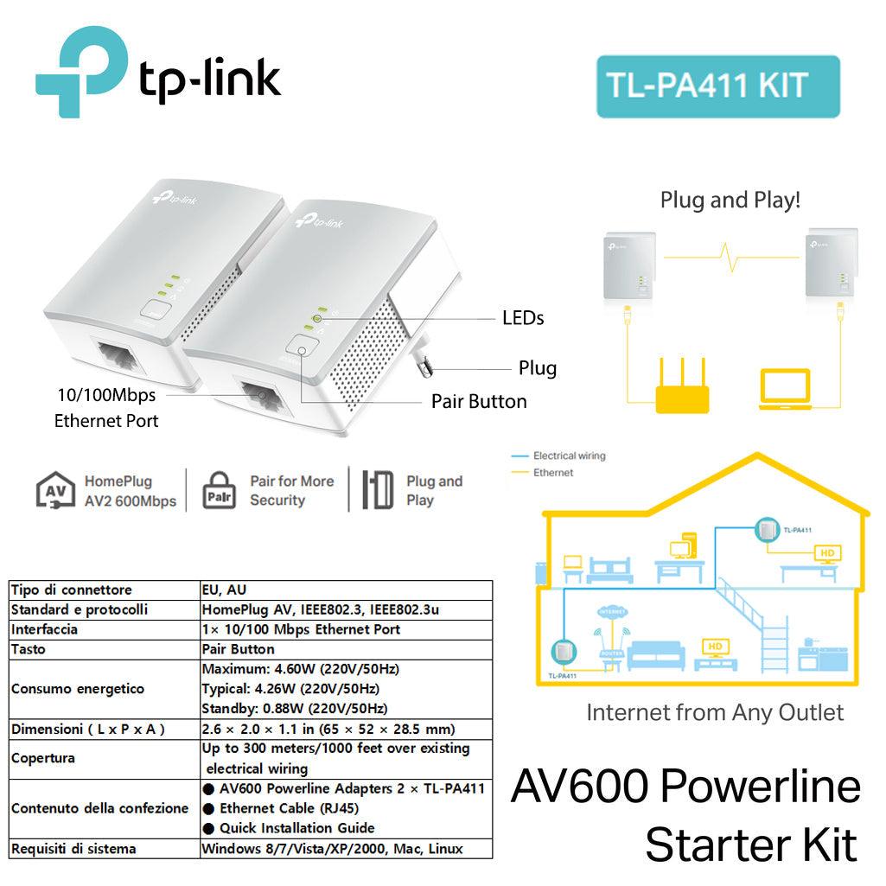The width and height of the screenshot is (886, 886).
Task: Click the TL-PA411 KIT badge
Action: point(717,86)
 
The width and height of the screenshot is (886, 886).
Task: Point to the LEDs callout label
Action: point(523,318)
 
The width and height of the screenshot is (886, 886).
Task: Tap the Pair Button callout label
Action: point(478,401)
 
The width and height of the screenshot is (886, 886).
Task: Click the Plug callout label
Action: point(537,368)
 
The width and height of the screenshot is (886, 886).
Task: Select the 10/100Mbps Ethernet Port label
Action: point(106,408)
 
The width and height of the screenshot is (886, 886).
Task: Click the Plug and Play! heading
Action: point(730,201)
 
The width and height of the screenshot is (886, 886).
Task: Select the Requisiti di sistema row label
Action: point(73,848)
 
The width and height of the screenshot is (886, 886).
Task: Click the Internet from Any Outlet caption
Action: point(715,713)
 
